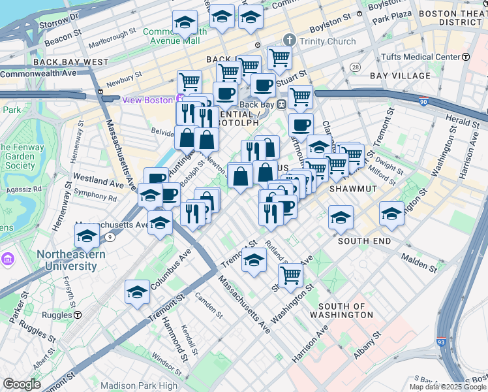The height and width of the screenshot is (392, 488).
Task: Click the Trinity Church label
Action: coord(328,41)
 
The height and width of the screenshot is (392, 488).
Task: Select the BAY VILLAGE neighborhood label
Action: coord(400,76)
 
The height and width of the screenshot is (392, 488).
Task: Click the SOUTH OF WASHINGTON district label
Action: coord(346,310)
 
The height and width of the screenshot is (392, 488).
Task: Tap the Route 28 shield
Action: coord(355,67)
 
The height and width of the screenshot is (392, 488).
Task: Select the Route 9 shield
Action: coord(112,237)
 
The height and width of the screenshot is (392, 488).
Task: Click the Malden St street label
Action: coord(419,264)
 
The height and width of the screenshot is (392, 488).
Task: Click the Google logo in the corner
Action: coord(22,384)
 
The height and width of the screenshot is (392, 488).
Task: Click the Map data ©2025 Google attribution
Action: coord(448,387)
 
